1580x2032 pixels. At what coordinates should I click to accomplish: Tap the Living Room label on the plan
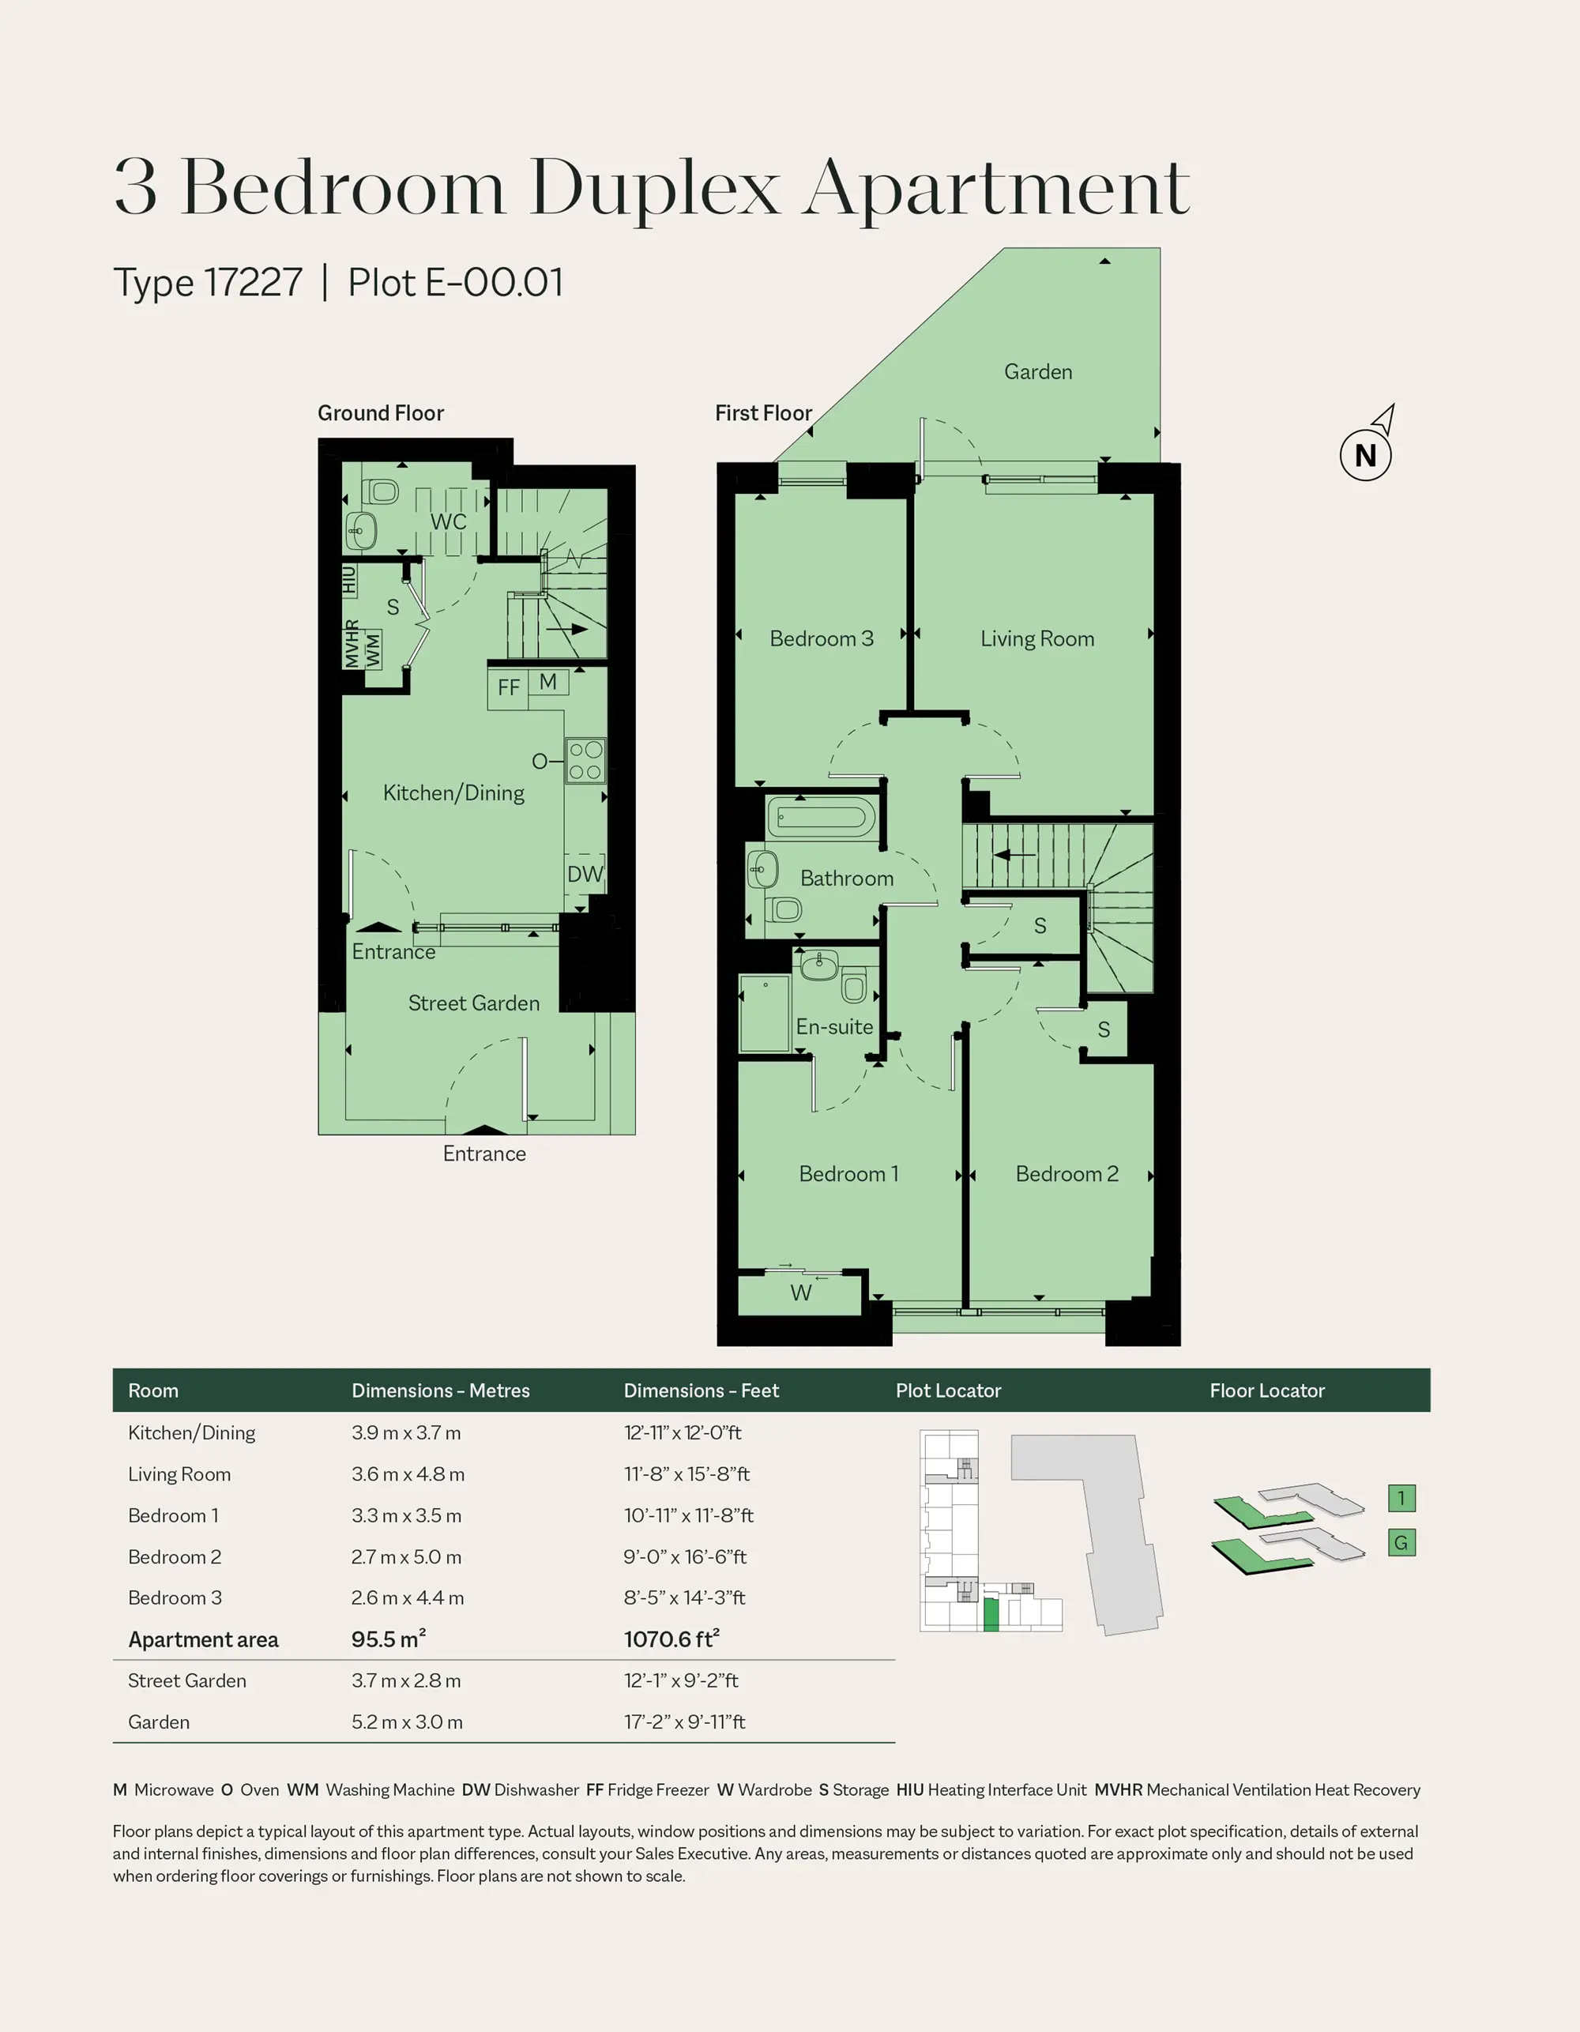[1036, 638]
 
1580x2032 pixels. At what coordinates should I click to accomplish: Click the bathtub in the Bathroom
[821, 817]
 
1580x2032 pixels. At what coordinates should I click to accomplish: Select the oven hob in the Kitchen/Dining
[585, 760]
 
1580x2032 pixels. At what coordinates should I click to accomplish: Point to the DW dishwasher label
[585, 874]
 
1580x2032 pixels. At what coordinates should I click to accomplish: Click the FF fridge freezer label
[508, 687]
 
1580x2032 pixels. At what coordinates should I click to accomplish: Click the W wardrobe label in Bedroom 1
[801, 1293]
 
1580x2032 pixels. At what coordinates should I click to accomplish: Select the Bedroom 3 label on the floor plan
[822, 638]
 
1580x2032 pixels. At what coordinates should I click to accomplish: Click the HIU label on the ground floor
[349, 580]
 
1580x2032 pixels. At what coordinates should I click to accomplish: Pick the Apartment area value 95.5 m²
[388, 1639]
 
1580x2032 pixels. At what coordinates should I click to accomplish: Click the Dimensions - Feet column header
[701, 1390]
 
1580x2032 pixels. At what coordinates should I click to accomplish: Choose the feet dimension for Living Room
[686, 1473]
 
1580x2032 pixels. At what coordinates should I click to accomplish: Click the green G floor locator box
[1401, 1543]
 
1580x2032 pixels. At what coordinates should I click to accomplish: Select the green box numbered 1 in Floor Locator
[1401, 1498]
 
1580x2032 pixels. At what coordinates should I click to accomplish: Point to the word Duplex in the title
[654, 188]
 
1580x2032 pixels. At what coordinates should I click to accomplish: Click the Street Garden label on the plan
[474, 1003]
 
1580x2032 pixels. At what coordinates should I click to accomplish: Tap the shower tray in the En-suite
[764, 1013]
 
